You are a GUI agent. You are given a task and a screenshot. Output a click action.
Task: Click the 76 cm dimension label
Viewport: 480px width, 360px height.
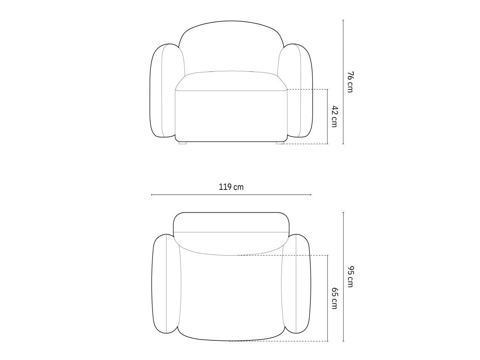(350, 82)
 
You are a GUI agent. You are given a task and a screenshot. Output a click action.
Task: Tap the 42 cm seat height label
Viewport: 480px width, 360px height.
(335, 116)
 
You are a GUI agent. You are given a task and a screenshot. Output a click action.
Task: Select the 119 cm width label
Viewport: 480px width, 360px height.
(231, 187)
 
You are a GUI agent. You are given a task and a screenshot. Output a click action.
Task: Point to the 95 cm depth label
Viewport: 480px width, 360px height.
(350, 276)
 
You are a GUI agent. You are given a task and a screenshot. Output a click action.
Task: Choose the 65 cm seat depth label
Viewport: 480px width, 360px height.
(335, 298)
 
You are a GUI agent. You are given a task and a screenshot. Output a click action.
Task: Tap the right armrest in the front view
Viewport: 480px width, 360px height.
(295, 91)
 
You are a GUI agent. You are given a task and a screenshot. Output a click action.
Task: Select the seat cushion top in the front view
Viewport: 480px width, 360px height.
(231, 80)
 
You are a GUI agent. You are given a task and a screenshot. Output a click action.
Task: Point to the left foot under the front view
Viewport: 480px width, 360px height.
(182, 143)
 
